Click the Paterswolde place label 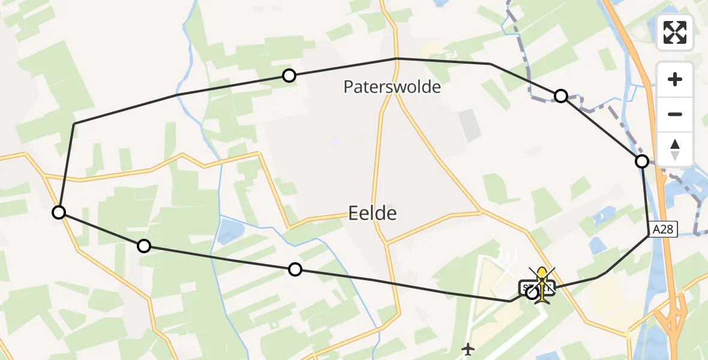coord(392,87)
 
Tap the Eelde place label coord(373,212)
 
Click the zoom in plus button coord(675,79)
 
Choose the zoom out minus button coord(675,114)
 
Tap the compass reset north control coord(675,149)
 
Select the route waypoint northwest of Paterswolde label coord(289,75)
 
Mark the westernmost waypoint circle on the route coord(59,212)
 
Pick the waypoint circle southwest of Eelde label coord(295,269)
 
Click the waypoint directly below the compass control coord(642,161)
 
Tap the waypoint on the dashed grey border coord(560,96)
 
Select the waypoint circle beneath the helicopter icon coord(532,293)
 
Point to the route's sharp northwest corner coord(74,124)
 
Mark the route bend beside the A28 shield coord(649,235)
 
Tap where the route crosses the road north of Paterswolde coord(397,58)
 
